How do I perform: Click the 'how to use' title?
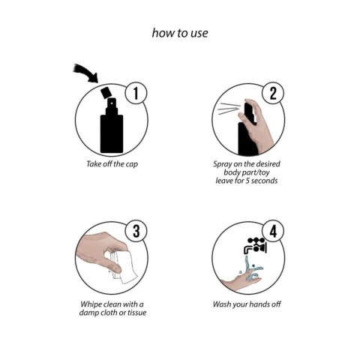pos(180,33)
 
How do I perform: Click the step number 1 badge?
pos(136,94)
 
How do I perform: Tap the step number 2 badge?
pos(273,94)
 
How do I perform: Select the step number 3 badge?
pos(136,231)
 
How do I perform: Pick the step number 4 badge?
pos(273,231)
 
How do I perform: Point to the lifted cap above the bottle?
pos(107,92)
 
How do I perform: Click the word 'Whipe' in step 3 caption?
pos(94,304)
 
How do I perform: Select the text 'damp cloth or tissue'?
pos(113,313)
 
